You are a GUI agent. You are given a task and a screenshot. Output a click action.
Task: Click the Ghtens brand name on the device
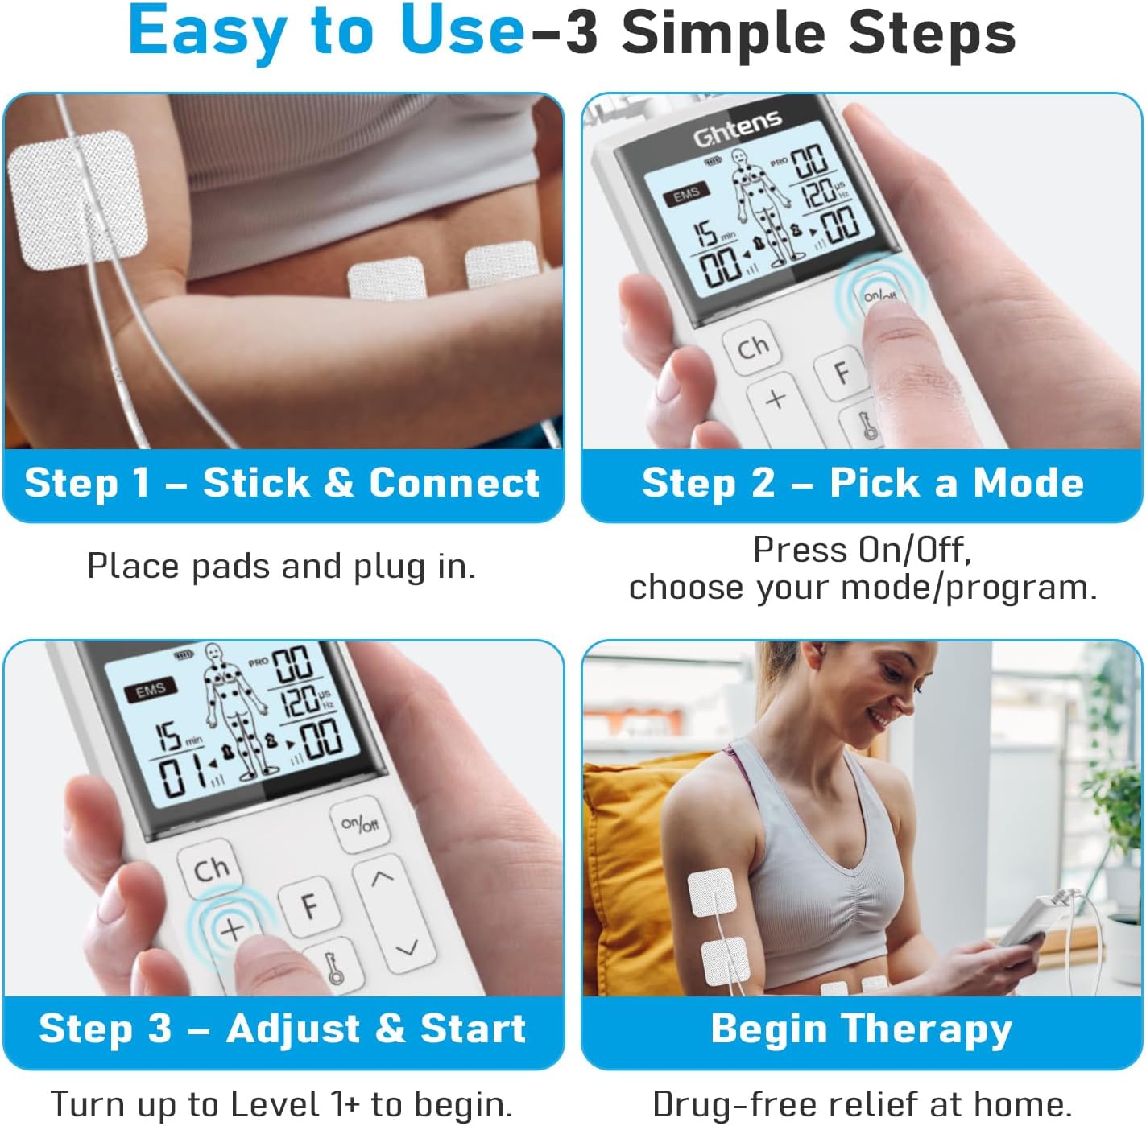coord(737,129)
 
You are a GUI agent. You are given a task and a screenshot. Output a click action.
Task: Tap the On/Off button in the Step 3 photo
coord(359,824)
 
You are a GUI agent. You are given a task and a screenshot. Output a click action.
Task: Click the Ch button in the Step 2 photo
coord(753,348)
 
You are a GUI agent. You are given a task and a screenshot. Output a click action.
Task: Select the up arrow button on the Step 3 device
coord(382,878)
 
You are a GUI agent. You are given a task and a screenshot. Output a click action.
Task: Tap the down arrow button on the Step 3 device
coord(407,947)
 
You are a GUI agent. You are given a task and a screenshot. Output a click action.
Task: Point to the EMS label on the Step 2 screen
coord(686,194)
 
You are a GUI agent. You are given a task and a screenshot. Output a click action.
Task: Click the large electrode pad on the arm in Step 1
coord(78,199)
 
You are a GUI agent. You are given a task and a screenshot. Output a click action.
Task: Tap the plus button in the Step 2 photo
coord(776,399)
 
